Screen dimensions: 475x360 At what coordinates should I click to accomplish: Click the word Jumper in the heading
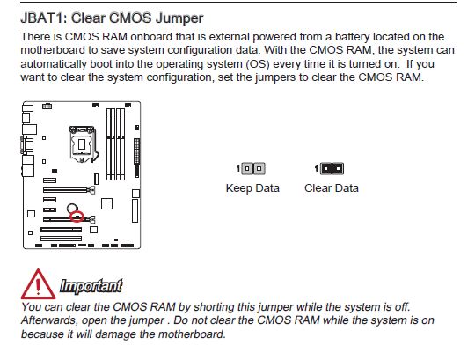(x=179, y=18)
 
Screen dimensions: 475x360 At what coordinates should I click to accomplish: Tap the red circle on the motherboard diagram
(x=77, y=217)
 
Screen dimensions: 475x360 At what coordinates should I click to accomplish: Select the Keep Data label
(x=252, y=188)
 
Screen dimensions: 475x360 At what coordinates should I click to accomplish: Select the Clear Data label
(x=332, y=188)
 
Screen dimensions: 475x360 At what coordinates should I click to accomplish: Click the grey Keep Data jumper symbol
(x=253, y=168)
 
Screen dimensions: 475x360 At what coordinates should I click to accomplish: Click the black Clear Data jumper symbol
(x=332, y=168)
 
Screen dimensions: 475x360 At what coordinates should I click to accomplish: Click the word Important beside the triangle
(x=91, y=286)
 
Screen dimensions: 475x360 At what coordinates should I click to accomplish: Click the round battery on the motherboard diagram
(x=72, y=209)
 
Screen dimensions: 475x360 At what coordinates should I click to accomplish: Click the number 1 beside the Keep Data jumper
(x=238, y=168)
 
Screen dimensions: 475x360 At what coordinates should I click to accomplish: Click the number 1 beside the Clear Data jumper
(x=317, y=168)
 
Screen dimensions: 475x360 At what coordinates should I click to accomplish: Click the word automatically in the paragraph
(x=54, y=64)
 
